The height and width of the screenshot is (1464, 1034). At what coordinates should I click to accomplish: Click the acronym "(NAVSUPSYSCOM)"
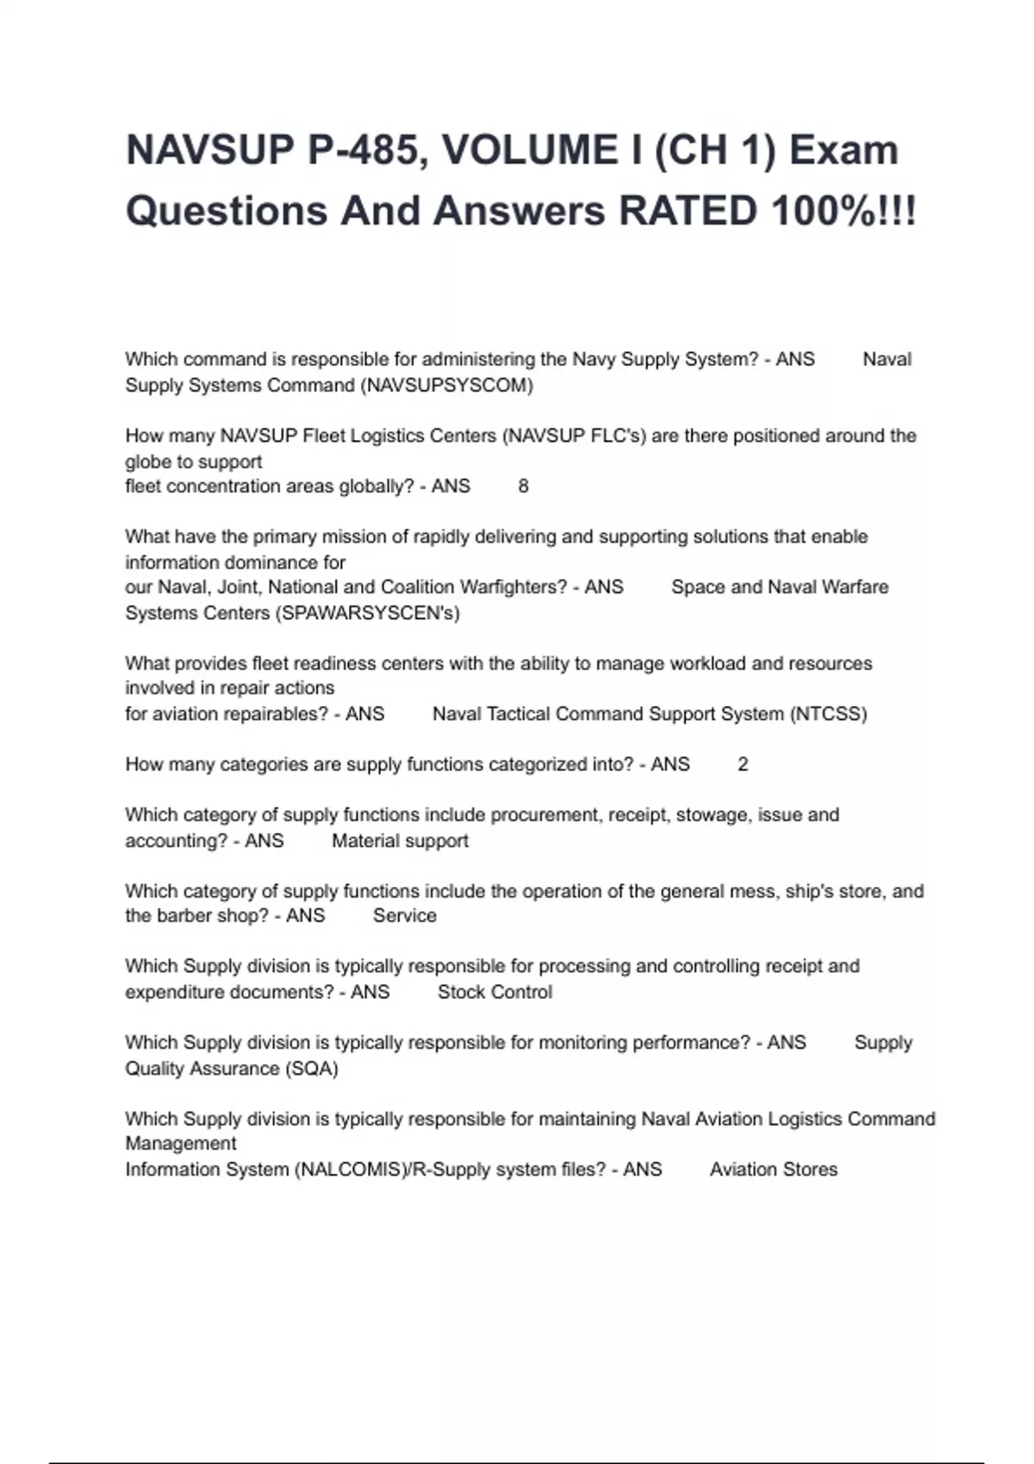tap(449, 385)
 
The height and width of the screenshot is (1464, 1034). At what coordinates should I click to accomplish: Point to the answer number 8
tap(523, 487)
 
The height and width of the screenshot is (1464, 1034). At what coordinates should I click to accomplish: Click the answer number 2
tap(743, 765)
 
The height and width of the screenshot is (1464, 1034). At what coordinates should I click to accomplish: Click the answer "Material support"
tap(400, 841)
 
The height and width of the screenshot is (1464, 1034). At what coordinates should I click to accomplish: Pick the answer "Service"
tap(404, 915)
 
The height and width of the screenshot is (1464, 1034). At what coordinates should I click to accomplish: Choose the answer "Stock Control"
tap(495, 992)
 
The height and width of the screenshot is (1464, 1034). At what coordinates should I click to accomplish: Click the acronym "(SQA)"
tap(311, 1069)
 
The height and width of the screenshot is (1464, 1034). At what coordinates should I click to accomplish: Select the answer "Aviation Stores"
tap(773, 1169)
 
